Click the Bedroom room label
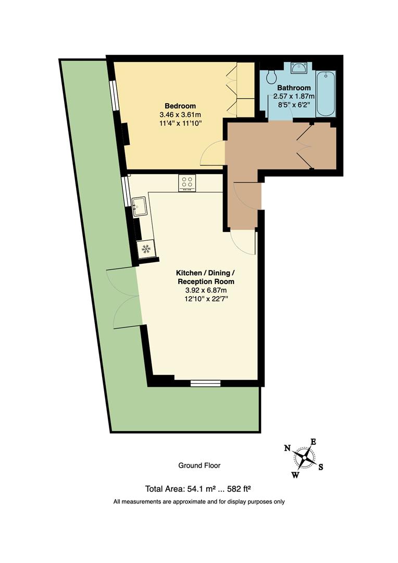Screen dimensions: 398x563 coord(180,106)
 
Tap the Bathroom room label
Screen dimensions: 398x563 coord(294,88)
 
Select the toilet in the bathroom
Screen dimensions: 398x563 coord(272,76)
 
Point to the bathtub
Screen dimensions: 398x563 coord(326,93)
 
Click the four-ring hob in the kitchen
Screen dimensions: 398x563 coord(187,183)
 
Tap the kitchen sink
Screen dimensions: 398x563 coord(139,206)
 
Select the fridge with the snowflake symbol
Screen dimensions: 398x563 coord(146,248)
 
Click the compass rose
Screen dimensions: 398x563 coord(304,458)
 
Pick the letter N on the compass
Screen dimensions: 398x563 coord(287,448)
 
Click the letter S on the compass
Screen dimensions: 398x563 coord(320,467)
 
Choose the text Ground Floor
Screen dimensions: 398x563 coord(199,466)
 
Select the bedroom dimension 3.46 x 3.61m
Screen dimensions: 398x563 coord(180,115)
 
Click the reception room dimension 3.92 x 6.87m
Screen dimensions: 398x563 coord(206,290)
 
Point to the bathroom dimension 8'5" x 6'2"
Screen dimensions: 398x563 coord(294,105)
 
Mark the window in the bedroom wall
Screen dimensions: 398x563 coord(114,95)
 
